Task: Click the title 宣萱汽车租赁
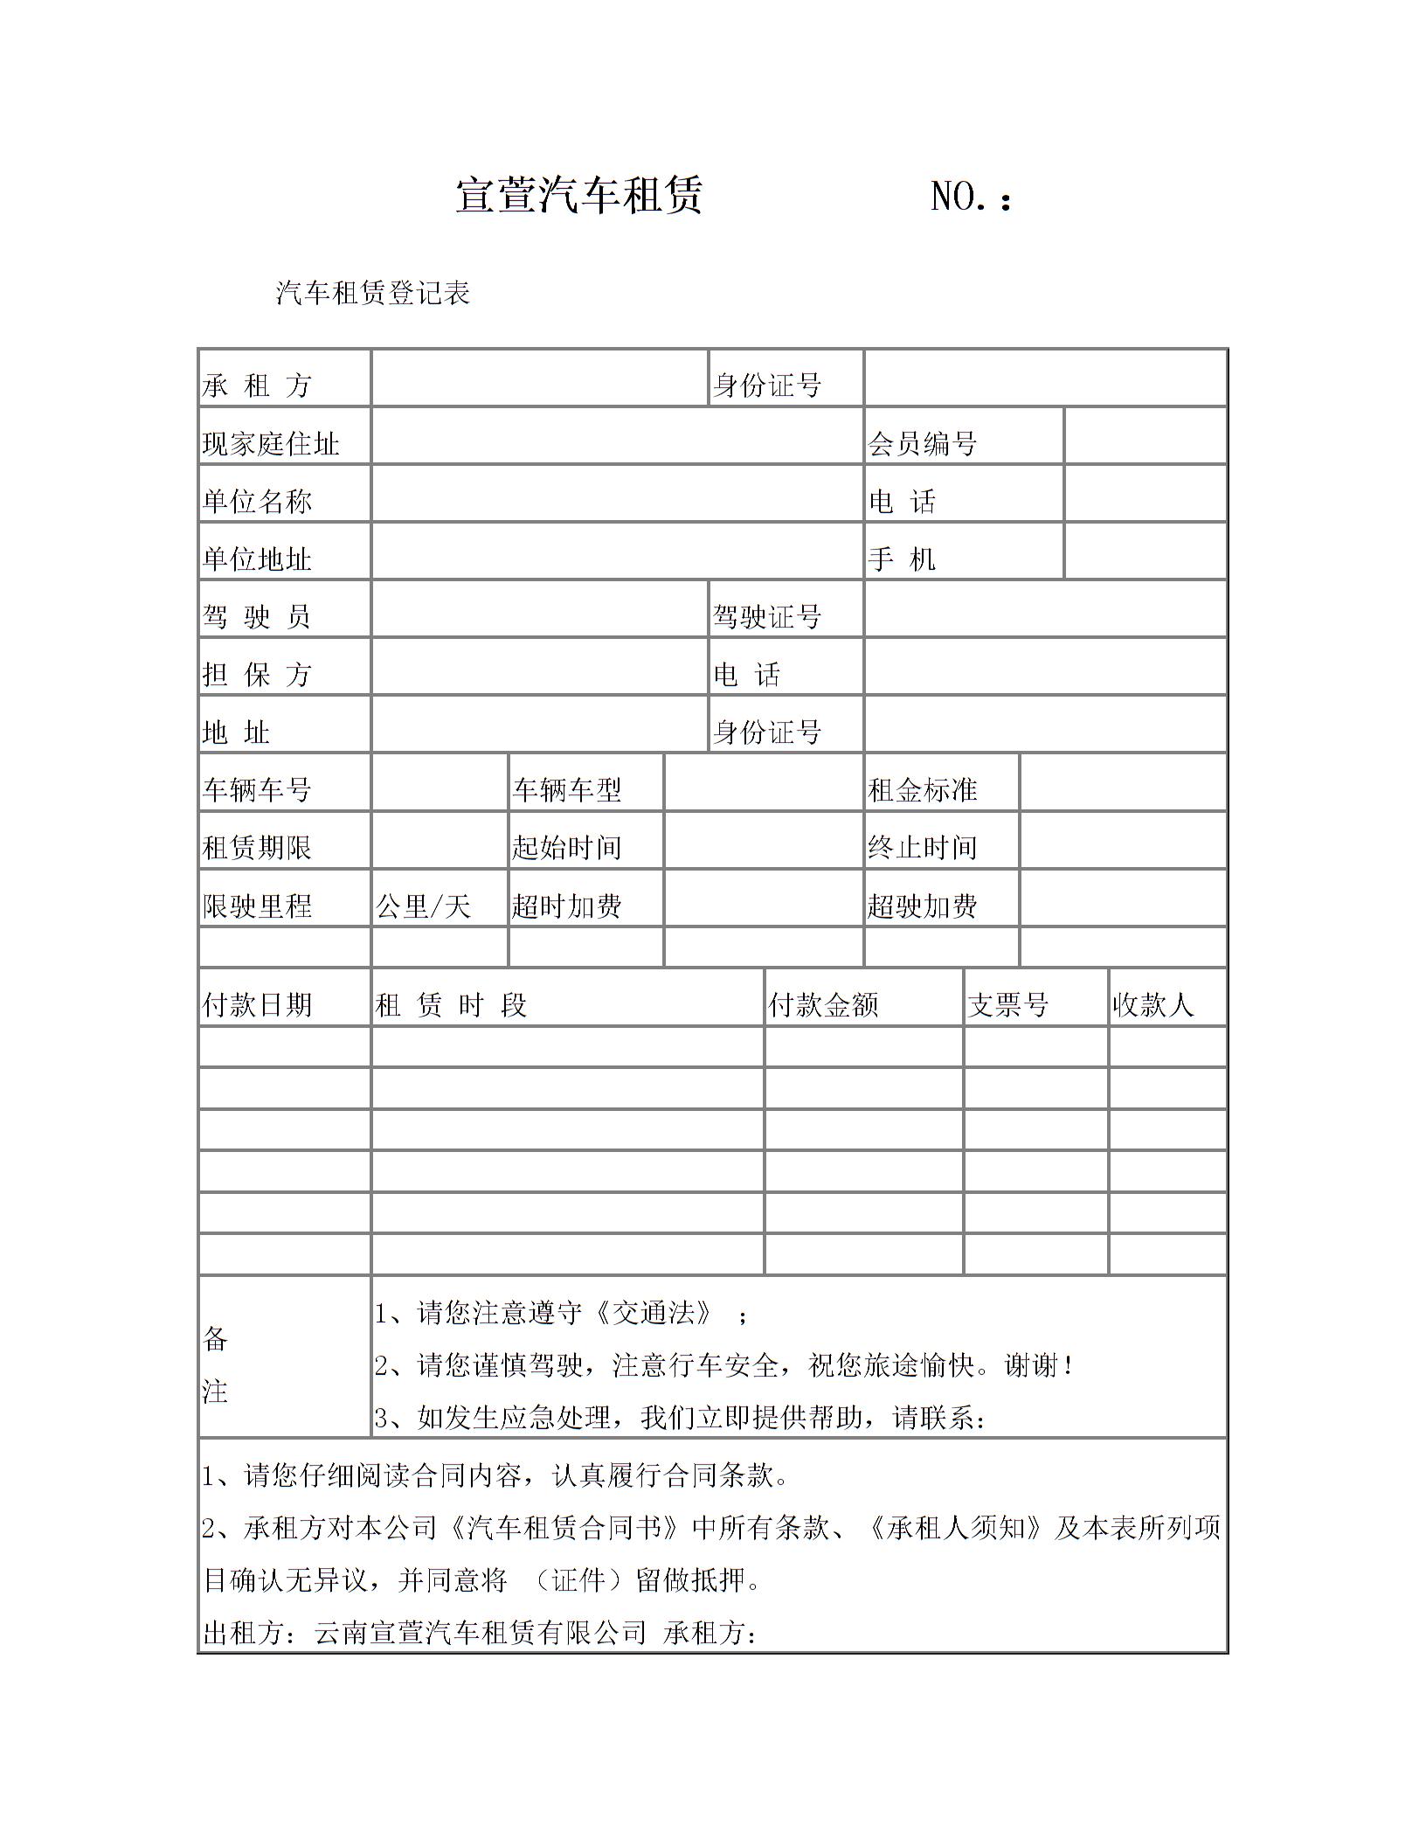coord(578,195)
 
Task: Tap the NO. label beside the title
coord(971,197)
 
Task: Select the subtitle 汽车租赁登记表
coord(373,293)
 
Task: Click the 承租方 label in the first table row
coord(257,385)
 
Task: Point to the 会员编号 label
coord(922,443)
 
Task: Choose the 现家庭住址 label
coord(271,443)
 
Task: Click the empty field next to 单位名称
coord(617,494)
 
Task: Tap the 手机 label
coord(902,559)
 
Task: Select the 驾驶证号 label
coord(766,616)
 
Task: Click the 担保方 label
coord(257,674)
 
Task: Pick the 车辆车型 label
coord(567,789)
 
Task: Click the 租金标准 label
coord(922,789)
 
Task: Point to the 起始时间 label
coord(567,846)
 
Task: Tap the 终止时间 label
coord(922,846)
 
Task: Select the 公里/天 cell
coord(424,906)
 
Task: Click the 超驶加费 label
coord(922,906)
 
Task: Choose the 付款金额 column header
coord(823,1004)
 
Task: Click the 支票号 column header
coord(1007,1004)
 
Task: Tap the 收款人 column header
coord(1153,1004)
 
